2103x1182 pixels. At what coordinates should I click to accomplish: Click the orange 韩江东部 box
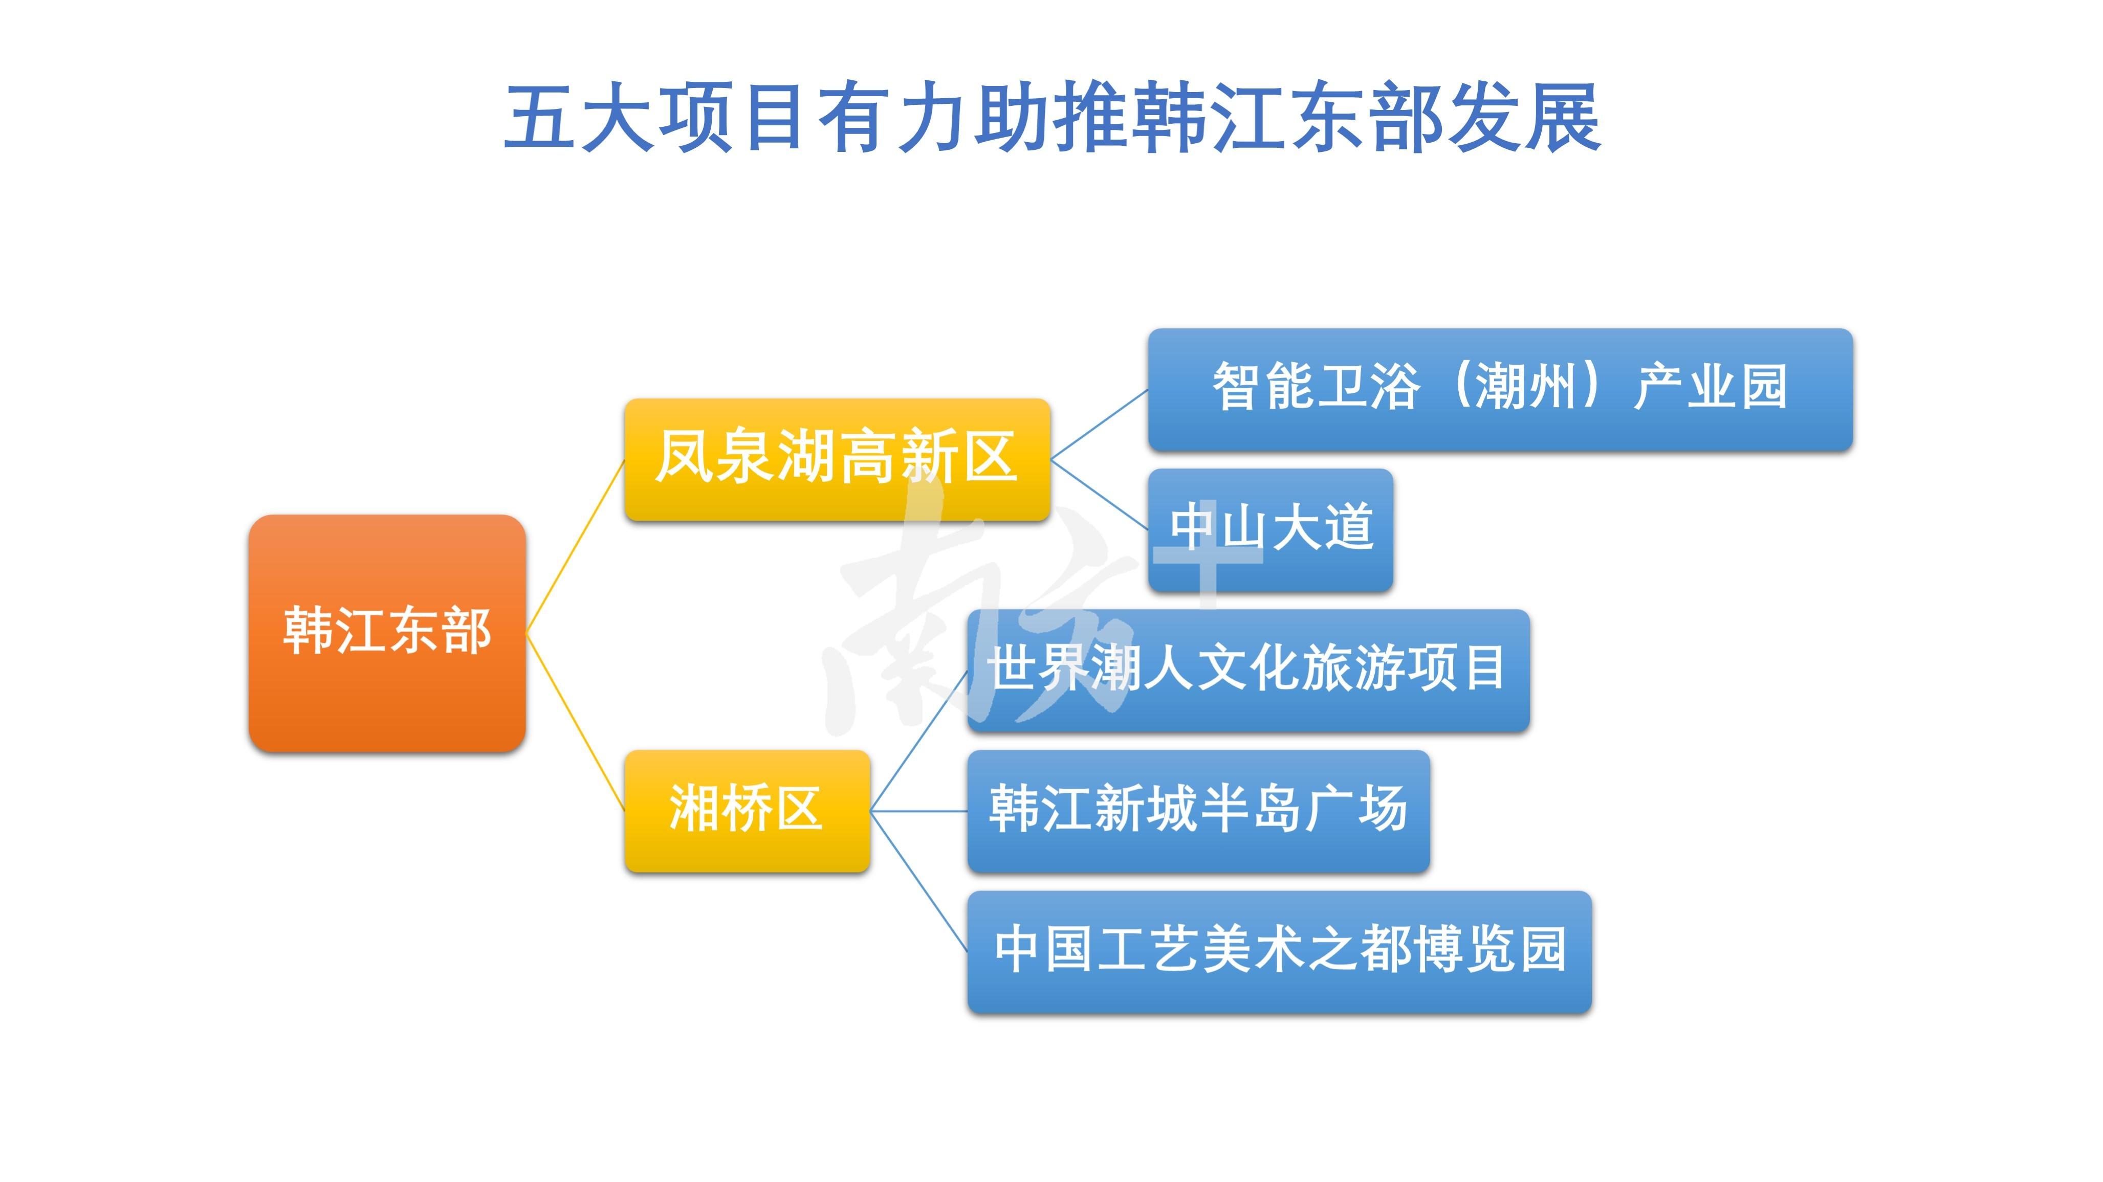pyautogui.click(x=387, y=633)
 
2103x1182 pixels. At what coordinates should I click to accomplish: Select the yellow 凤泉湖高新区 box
pyautogui.click(x=837, y=460)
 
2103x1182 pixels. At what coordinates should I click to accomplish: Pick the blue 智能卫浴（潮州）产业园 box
pyautogui.click(x=1500, y=389)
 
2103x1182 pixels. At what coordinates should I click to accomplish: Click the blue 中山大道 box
pyautogui.click(x=1270, y=530)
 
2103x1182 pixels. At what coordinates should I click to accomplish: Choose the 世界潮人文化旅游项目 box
pyautogui.click(x=1247, y=670)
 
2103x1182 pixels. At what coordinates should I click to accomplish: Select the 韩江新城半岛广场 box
pyautogui.click(x=1198, y=811)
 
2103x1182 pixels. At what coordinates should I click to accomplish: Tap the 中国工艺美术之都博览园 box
pyautogui.click(x=1279, y=951)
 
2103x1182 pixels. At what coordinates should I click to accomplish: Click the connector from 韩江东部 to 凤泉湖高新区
pyautogui.click(x=576, y=546)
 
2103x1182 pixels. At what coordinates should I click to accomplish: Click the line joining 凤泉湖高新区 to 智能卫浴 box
pyautogui.click(x=1099, y=425)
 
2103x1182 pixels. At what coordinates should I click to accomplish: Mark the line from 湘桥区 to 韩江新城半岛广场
pyautogui.click(x=918, y=811)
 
